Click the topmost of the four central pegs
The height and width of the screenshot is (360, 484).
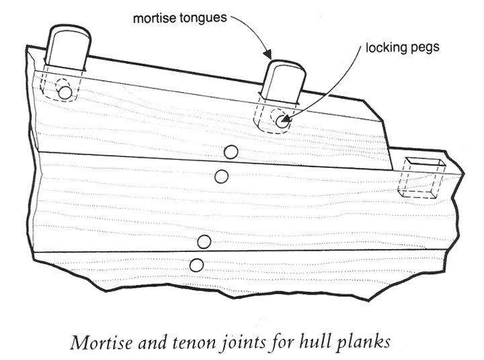pos(231,152)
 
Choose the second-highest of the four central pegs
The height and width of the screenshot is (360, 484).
pos(221,177)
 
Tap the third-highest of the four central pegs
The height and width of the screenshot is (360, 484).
pos(204,242)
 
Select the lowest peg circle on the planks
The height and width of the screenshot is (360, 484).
pos(196,265)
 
